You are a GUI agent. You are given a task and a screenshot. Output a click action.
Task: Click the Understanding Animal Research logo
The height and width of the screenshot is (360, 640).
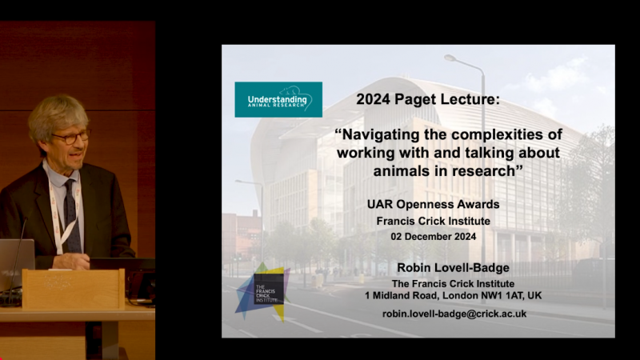tap(278, 99)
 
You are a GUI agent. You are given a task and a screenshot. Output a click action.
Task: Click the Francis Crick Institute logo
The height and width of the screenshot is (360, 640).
tap(262, 290)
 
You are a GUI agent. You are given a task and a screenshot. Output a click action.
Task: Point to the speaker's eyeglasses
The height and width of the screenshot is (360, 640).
tap(70, 137)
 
